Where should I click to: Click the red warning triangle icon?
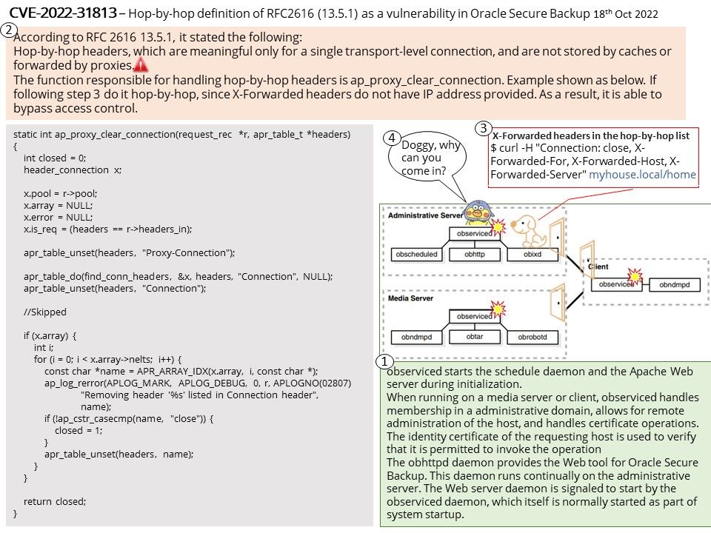point(141,65)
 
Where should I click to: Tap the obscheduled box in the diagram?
point(416,254)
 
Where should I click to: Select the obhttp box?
point(475,254)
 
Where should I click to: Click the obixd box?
point(533,254)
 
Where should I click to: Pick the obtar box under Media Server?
point(475,337)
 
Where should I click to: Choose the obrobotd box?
point(533,337)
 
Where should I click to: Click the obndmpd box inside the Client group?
point(675,284)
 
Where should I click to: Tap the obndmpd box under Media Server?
point(416,337)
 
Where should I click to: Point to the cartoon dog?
point(528,230)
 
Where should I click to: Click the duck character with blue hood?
point(478,214)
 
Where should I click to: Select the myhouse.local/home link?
point(642,175)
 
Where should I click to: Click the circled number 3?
point(484,128)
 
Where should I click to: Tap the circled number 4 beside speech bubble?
point(392,138)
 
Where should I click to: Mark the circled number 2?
point(7,30)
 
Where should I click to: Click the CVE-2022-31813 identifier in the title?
point(63,13)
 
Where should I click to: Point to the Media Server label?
point(410,298)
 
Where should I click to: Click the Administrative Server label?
point(425,215)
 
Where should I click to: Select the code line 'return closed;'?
point(55,501)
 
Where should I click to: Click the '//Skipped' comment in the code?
point(45,312)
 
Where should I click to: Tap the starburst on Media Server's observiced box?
point(498,309)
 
